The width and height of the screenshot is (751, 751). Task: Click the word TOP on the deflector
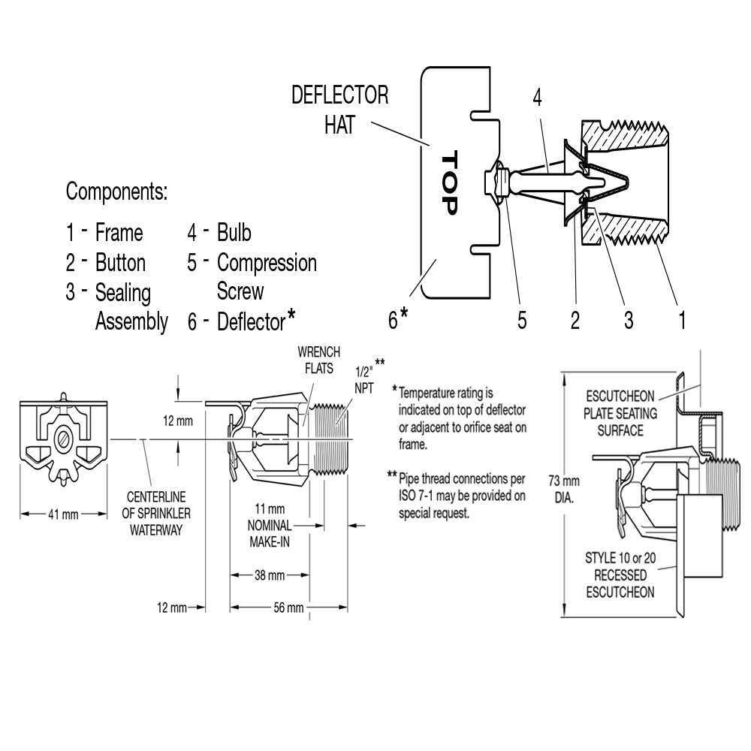coord(448,183)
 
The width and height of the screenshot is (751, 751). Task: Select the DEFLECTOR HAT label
coord(339,110)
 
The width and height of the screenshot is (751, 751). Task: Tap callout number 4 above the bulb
coord(537,97)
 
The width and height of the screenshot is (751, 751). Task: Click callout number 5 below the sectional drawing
coord(521,321)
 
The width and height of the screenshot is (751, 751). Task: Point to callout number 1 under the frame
coord(682,321)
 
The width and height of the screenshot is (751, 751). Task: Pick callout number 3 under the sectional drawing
coord(628,321)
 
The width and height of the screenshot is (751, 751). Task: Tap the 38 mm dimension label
coord(269,575)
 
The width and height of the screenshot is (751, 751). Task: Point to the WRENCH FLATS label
coord(318,360)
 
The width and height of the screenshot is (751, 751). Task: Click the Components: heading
coord(116,192)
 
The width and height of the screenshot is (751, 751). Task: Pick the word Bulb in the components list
coord(234,233)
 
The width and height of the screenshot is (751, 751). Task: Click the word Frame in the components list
coord(119,233)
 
